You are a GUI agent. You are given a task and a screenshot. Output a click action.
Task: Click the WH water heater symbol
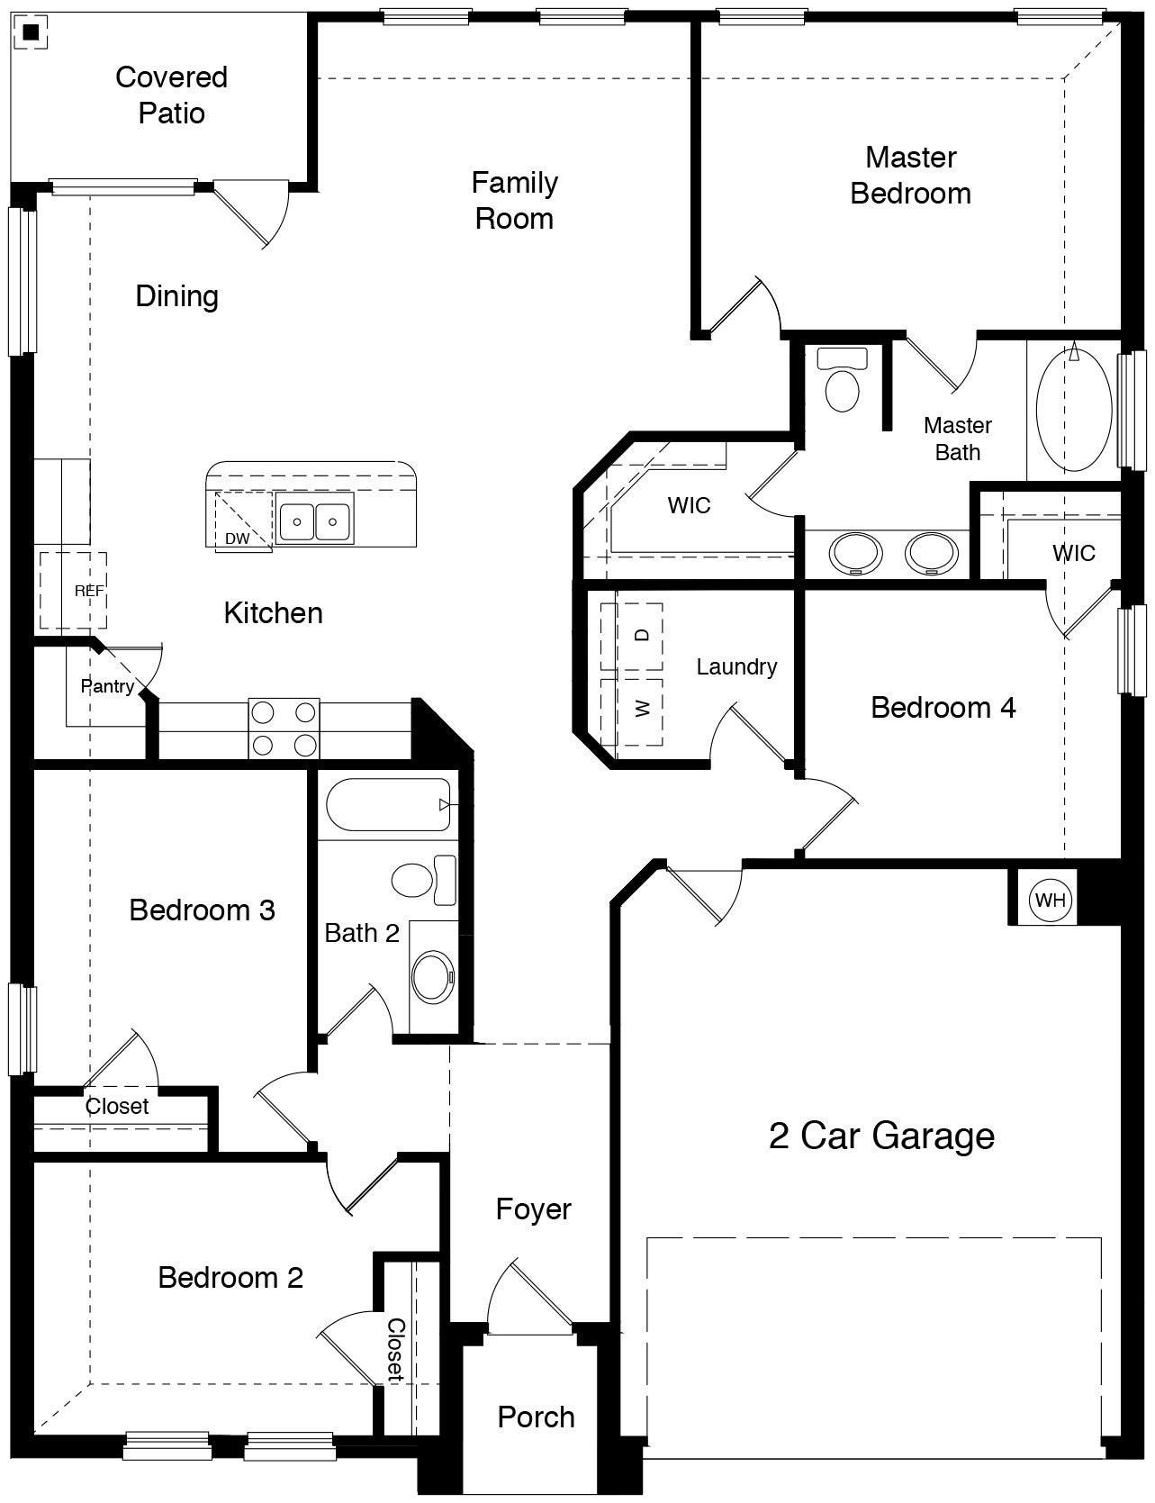point(1050,900)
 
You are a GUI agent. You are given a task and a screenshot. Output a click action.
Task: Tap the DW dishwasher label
point(237,539)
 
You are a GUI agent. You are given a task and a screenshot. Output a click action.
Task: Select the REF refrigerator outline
point(73,591)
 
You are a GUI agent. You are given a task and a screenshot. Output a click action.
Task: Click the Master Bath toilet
point(843,382)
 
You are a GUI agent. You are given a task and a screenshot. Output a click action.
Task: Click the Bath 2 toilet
point(423,879)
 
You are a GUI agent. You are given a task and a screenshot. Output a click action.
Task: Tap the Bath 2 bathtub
point(388,804)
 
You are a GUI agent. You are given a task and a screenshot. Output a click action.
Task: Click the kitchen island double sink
point(314,519)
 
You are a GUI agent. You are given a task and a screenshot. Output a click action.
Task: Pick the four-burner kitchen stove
point(284,729)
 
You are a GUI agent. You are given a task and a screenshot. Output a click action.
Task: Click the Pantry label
point(107,686)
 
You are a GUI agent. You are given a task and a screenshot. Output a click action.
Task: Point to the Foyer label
point(533,1209)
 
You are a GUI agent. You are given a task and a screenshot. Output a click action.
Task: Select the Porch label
point(536,1417)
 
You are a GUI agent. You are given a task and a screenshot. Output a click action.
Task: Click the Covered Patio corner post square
point(32,33)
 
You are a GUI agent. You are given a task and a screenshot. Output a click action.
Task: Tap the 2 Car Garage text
point(881,1136)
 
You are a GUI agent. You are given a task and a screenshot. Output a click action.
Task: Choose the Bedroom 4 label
point(943,707)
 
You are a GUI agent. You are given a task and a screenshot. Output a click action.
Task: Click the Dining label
point(176,295)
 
